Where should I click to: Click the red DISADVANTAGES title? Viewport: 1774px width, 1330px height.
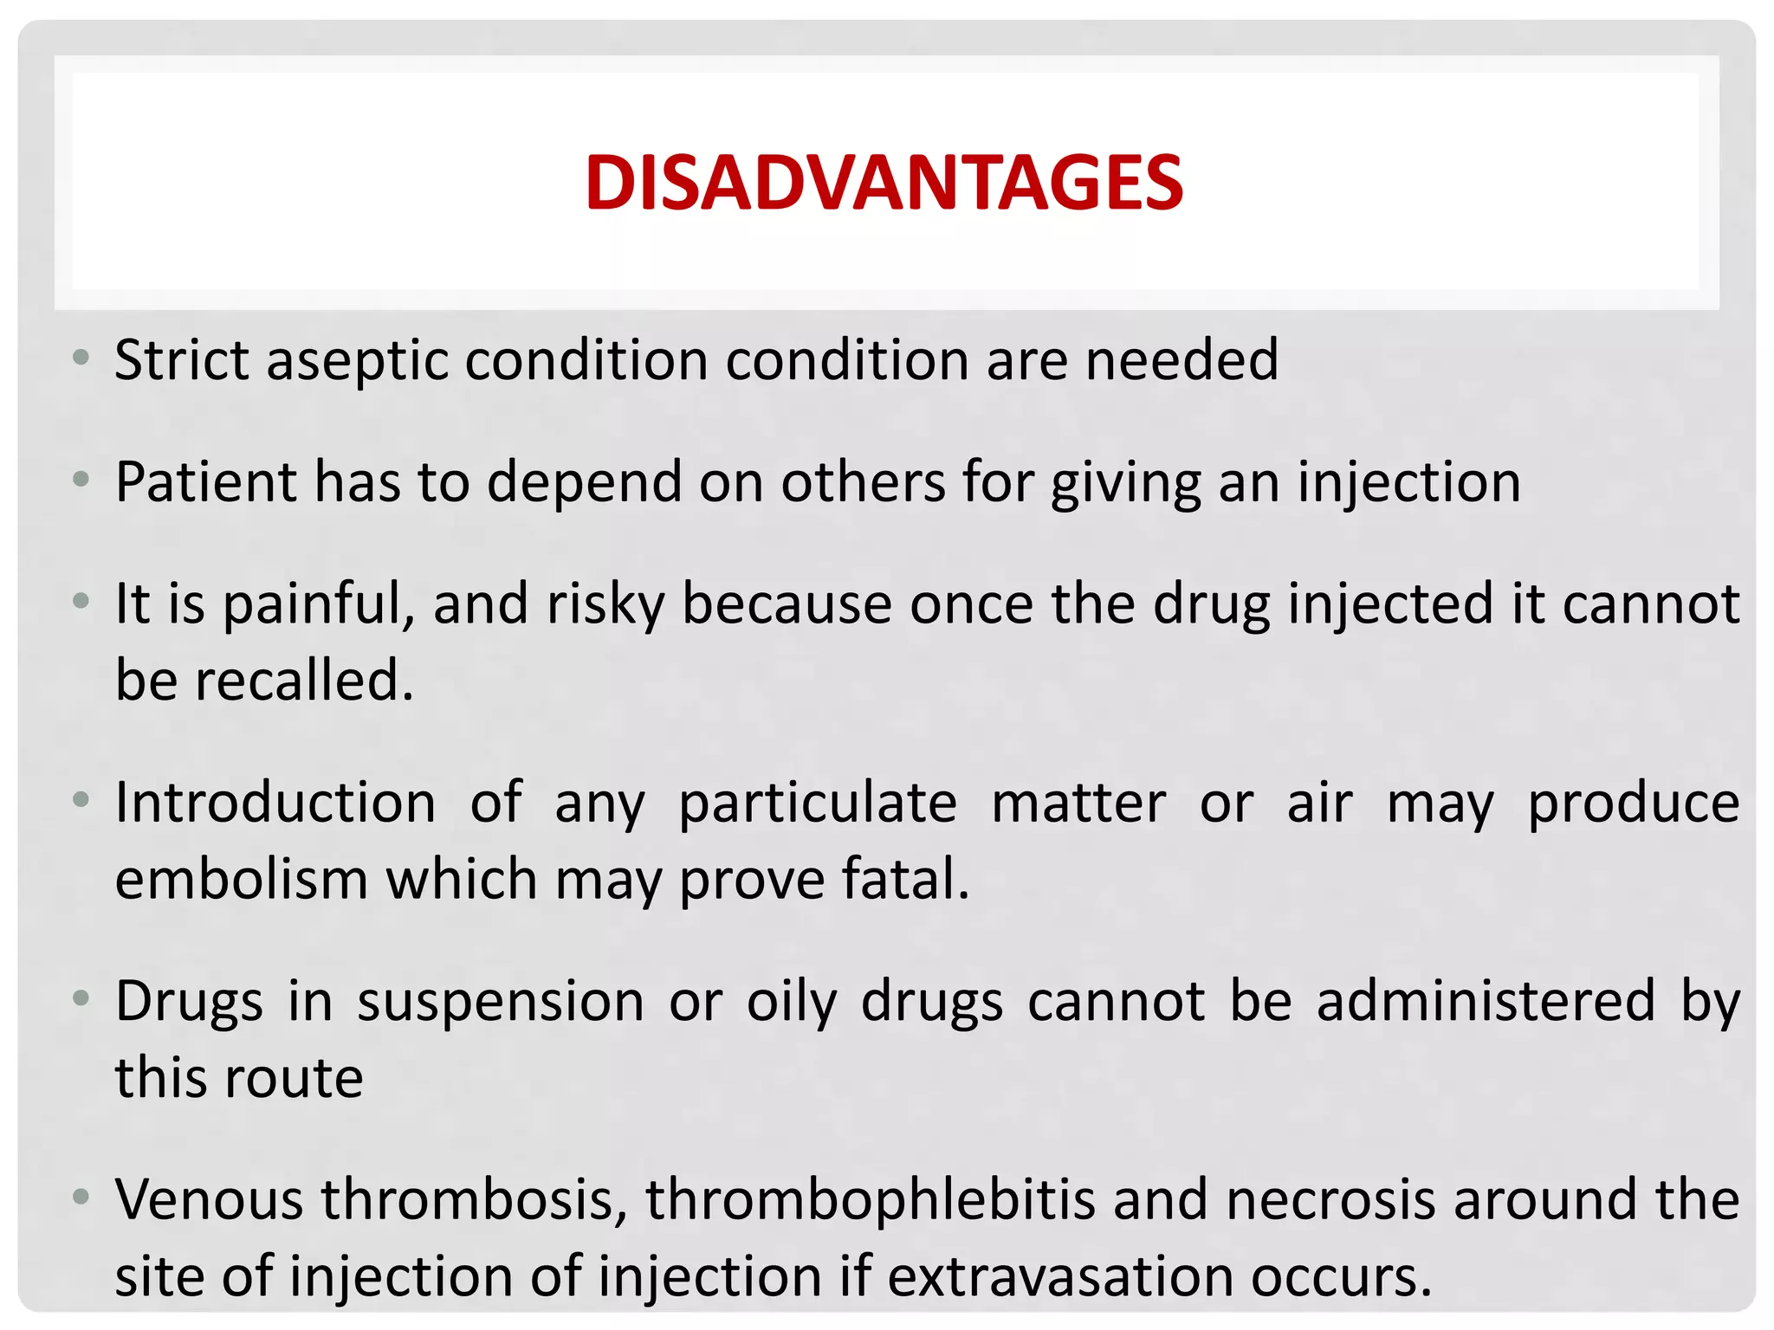884,183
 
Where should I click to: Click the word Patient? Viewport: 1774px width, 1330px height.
205,481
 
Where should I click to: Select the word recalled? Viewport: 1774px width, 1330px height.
303,680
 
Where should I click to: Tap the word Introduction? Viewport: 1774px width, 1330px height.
275,803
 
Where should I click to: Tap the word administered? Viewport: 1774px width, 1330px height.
1486,1001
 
